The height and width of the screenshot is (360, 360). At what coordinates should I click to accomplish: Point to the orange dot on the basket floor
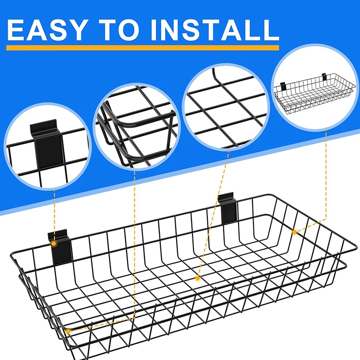(197, 278)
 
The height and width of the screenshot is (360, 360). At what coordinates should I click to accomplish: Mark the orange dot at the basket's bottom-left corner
(68, 331)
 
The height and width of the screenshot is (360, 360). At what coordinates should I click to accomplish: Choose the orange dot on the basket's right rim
(294, 232)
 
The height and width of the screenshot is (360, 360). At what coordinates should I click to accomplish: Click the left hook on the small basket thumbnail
(283, 86)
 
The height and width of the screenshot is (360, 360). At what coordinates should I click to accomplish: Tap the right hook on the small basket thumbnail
(324, 76)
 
